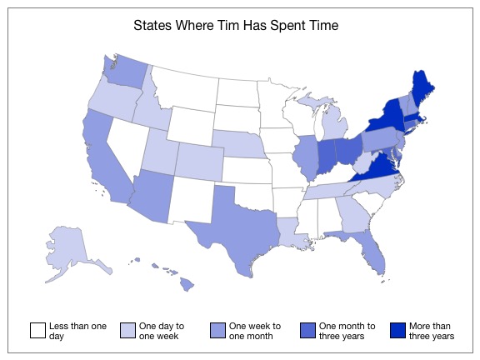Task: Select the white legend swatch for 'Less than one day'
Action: point(37,331)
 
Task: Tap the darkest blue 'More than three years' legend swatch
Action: point(397,331)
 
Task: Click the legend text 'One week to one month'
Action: point(255,331)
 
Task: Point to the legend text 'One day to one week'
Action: point(162,331)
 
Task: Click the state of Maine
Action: point(427,89)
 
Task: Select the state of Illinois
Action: point(307,153)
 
